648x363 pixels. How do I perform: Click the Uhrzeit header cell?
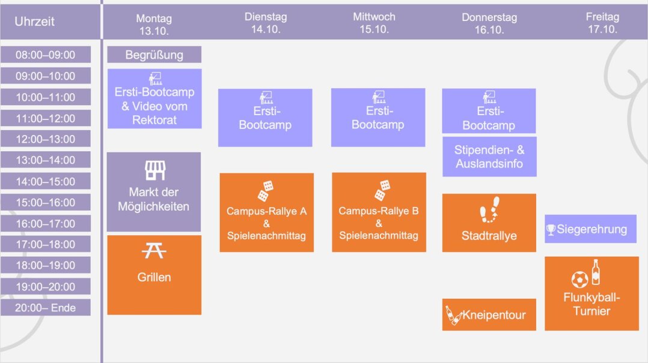tap(35, 22)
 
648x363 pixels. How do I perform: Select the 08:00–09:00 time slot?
tap(46, 55)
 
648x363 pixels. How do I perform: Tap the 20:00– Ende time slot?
tap(46, 308)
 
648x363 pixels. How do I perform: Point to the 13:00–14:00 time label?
tap(46, 160)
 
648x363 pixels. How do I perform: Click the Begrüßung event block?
tap(154, 55)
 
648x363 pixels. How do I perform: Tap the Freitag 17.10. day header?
tap(602, 23)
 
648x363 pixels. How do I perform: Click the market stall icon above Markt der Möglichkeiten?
tap(155, 170)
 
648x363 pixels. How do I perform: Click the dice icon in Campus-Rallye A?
tap(266, 190)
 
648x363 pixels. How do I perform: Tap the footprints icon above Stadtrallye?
tap(489, 209)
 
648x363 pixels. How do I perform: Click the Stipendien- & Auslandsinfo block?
tap(489, 157)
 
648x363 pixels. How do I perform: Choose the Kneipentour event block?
tap(489, 315)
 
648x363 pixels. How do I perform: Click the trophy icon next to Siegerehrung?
tap(551, 230)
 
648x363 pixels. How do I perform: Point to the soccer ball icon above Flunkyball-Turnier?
tap(579, 279)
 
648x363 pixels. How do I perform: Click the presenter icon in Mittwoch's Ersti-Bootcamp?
tap(378, 97)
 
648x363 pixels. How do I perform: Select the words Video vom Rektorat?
tap(154, 113)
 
